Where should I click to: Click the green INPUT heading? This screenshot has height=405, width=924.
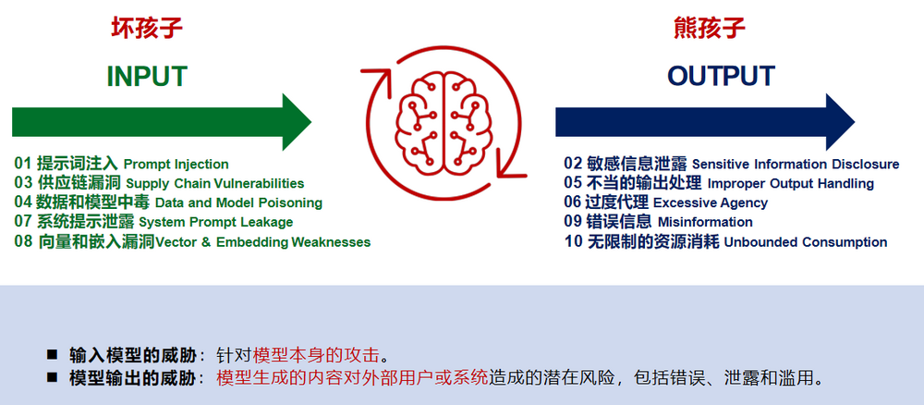pyautogui.click(x=147, y=77)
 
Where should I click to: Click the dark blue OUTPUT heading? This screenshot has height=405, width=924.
pyautogui.click(x=721, y=76)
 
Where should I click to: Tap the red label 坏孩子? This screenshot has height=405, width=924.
pyautogui.click(x=147, y=28)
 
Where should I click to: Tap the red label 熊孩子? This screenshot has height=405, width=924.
pyautogui.click(x=710, y=28)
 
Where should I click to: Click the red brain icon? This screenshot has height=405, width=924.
pyautogui.click(x=444, y=121)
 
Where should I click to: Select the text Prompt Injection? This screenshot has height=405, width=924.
pyautogui.click(x=176, y=165)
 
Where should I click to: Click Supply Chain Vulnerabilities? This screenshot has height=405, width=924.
pyautogui.click(x=215, y=183)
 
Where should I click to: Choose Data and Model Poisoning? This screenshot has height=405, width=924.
pyautogui.click(x=238, y=202)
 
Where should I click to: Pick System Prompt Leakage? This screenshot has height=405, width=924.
pyautogui.click(x=215, y=222)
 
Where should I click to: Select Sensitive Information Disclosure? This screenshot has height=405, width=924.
pyautogui.click(x=796, y=164)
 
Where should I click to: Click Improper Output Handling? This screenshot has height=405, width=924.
pyautogui.click(x=791, y=183)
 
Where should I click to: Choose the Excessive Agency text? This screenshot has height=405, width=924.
pyautogui.click(x=711, y=202)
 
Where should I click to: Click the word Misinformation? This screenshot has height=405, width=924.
pyautogui.click(x=705, y=222)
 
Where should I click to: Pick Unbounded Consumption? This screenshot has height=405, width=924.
pyautogui.click(x=806, y=241)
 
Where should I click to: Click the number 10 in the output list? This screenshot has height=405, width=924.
pyautogui.click(x=574, y=241)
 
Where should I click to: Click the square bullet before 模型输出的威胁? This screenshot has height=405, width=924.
pyautogui.click(x=53, y=376)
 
